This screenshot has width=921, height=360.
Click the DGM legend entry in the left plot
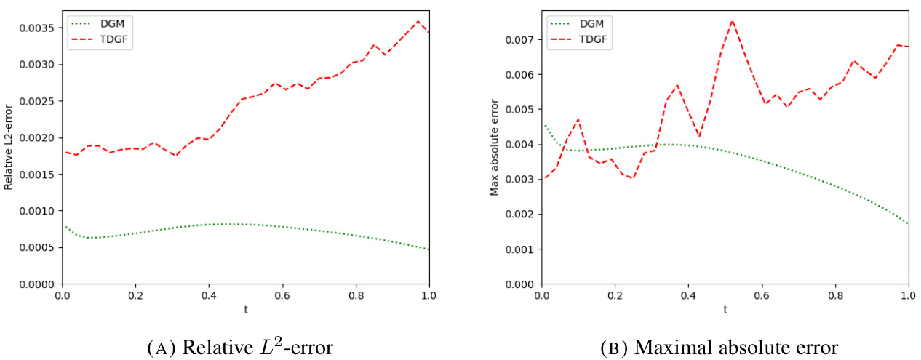pyautogui.click(x=106, y=23)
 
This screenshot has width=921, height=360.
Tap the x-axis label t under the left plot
pyautogui.click(x=246, y=309)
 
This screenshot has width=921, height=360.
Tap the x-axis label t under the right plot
pyautogui.click(x=725, y=309)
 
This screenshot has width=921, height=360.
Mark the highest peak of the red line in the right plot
pyautogui.click(x=732, y=21)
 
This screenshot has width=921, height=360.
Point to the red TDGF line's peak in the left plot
pyautogui.click(x=418, y=21)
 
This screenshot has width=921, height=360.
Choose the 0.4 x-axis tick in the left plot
pyautogui.click(x=209, y=297)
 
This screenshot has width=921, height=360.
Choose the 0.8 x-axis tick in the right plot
pyautogui.click(x=834, y=297)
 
